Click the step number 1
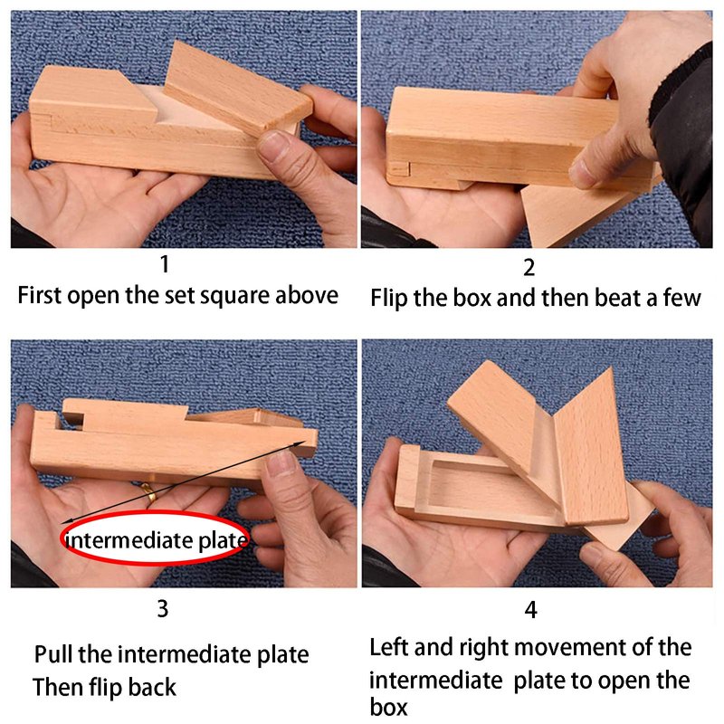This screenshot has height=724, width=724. (x=165, y=264)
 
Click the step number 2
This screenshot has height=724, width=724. (x=529, y=268)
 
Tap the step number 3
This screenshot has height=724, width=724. (x=163, y=609)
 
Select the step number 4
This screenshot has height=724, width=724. (x=531, y=610)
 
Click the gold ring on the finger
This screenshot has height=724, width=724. (x=149, y=493)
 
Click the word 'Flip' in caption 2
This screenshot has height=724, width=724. (x=389, y=299)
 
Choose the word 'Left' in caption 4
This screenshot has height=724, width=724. (x=389, y=647)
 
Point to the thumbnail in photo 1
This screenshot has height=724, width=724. (x=274, y=143)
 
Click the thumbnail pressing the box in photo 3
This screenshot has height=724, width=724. (x=281, y=463)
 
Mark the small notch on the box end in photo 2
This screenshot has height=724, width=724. (x=399, y=170)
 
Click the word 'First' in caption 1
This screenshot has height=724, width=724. (x=39, y=296)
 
